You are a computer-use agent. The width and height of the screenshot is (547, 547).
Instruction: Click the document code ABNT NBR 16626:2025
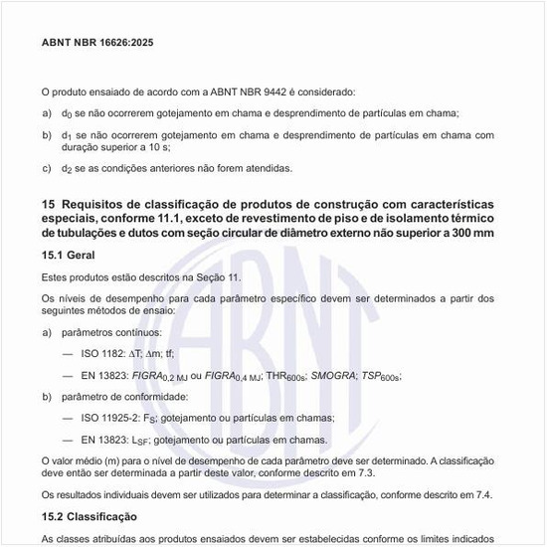pyautogui.click(x=97, y=43)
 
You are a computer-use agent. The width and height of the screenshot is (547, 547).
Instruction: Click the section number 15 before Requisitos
pyautogui.click(x=49, y=204)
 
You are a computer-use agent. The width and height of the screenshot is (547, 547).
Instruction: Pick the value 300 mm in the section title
pyautogui.click(x=467, y=232)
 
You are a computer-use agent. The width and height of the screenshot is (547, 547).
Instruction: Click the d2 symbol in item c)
pyautogui.click(x=67, y=168)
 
